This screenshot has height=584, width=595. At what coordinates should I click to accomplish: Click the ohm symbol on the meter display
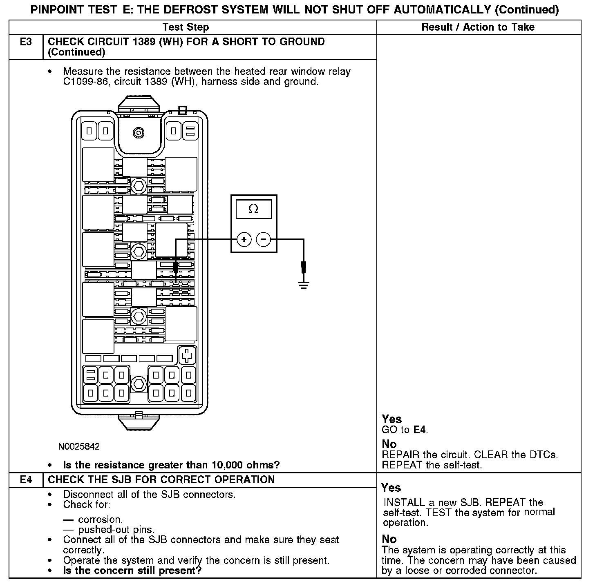pos(253,209)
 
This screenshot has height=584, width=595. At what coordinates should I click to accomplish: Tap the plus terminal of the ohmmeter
pos(244,239)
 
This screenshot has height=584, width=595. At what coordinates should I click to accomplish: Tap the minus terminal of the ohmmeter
pos(264,239)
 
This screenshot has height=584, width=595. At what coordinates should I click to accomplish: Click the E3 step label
pos(26,42)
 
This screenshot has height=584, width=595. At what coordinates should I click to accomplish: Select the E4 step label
pos(26,479)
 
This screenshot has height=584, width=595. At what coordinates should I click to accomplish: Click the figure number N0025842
pos(79,446)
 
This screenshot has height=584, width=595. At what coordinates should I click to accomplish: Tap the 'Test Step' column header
pos(186,27)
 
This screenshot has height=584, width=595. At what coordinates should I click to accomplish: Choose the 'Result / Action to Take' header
pos(478,27)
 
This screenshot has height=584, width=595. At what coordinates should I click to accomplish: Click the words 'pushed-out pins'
pos(116,530)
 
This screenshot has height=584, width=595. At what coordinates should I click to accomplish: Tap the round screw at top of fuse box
pos(139,133)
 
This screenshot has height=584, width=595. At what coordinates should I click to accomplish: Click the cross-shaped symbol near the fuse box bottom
pos(187,355)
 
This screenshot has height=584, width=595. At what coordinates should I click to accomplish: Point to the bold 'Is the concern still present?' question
pos(132,571)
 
